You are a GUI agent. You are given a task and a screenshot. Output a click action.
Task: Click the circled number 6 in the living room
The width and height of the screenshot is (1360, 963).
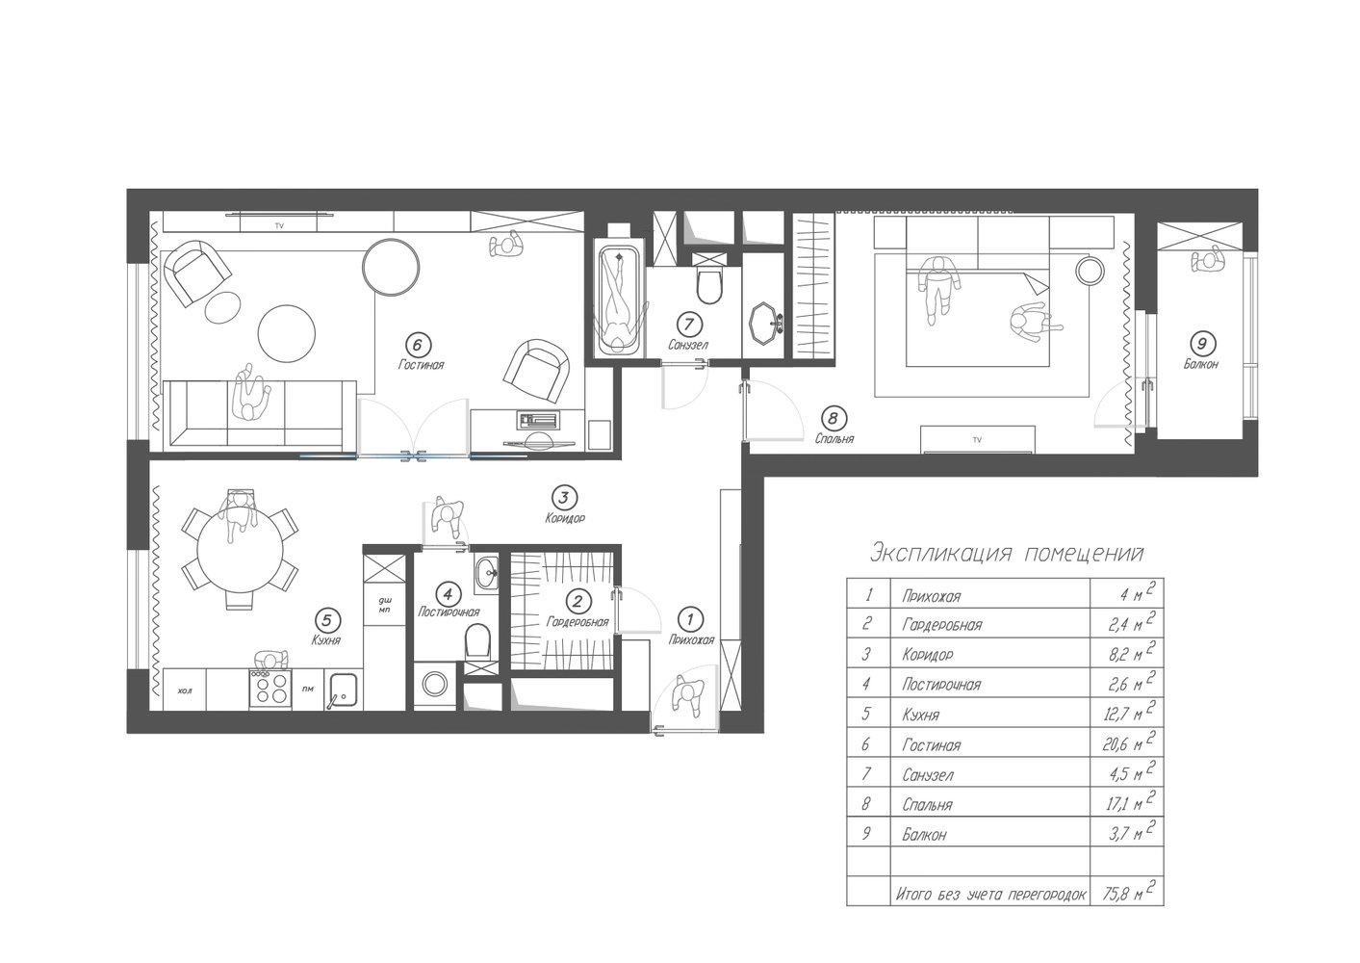pos(418,346)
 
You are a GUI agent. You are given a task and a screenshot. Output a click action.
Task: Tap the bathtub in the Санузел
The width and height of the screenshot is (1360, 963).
pos(619,301)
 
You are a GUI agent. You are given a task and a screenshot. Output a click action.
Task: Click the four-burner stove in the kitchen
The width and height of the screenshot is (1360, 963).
pos(270,689)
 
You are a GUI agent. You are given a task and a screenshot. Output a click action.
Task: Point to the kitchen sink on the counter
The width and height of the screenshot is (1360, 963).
pos(343,690)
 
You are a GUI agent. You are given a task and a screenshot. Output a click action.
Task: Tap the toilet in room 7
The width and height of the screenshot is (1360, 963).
pos(708,284)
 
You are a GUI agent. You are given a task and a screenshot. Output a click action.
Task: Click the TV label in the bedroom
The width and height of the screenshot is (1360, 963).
pos(977,440)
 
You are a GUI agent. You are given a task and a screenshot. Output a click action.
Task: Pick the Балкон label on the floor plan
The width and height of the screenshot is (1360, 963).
pos(1200,364)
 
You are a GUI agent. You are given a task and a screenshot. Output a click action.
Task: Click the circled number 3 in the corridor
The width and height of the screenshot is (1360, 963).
pos(563,498)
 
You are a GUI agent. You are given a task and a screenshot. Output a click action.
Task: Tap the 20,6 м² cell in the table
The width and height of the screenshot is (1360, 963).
pos(1128,742)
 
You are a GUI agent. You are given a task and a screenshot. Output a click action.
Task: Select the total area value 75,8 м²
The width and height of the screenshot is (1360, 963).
pos(1128,892)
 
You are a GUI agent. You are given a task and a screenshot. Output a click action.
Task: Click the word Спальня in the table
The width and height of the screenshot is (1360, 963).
pos(927,805)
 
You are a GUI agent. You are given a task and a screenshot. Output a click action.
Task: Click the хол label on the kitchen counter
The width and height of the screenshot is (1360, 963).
pos(185,690)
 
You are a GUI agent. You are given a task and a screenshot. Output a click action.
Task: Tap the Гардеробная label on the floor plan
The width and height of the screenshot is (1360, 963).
pos(577,622)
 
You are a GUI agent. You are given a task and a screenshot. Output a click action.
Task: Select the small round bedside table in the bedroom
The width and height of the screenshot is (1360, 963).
pos(1091,270)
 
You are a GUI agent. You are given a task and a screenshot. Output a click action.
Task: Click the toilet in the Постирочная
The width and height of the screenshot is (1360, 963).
pos(477,641)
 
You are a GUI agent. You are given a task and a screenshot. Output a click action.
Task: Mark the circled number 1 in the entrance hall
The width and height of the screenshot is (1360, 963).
pos(690,620)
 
